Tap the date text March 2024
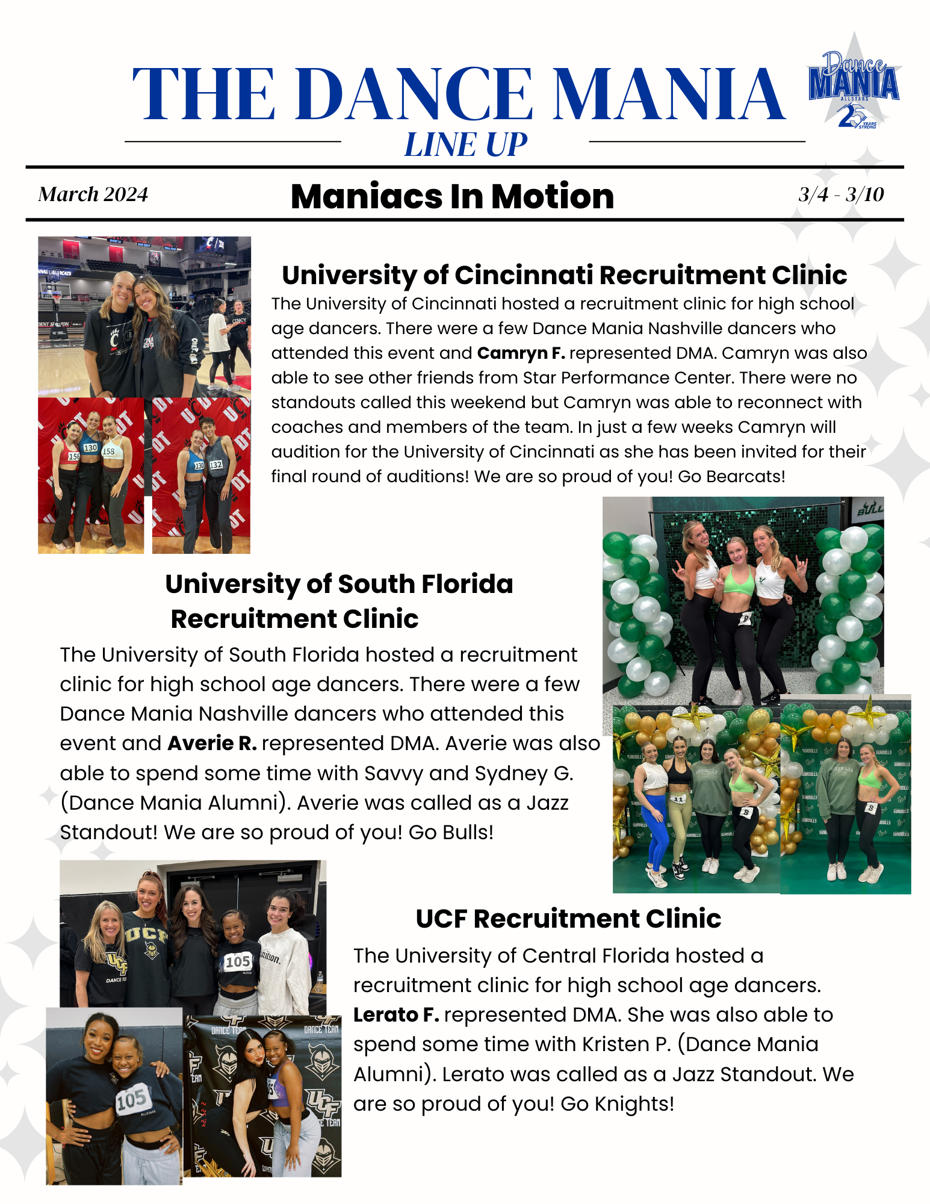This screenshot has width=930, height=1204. [x=93, y=194]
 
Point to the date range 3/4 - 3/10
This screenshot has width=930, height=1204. [x=841, y=194]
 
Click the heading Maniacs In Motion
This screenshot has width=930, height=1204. [x=452, y=196]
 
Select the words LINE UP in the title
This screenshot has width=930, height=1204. [x=465, y=145]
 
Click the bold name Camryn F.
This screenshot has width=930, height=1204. [x=521, y=353]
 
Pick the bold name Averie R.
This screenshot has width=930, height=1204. [x=212, y=743]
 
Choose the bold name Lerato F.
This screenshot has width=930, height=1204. [x=395, y=1015]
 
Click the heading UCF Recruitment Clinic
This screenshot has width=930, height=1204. [x=568, y=919]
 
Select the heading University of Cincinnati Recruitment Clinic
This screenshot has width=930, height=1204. [x=564, y=275]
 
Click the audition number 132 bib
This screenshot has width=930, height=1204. [x=215, y=465]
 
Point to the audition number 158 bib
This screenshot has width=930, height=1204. [x=108, y=451]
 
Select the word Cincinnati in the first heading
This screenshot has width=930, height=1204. [x=524, y=275]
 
